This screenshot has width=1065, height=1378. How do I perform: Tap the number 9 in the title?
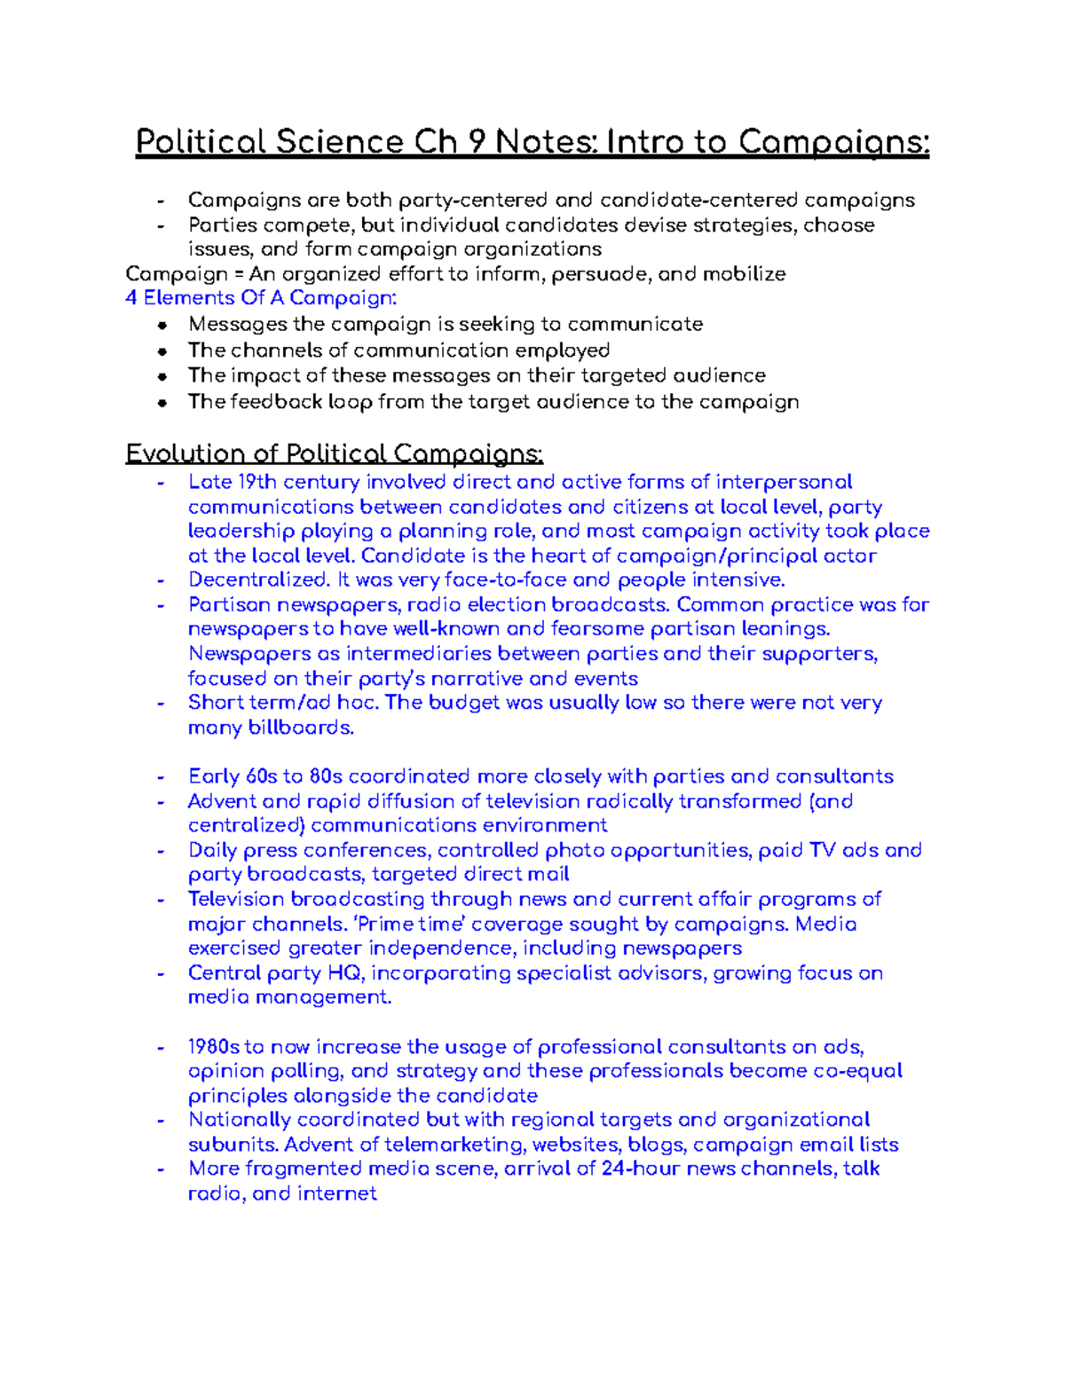point(477,142)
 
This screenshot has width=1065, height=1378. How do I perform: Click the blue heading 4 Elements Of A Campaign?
point(261,298)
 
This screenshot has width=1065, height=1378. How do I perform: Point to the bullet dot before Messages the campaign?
point(162,326)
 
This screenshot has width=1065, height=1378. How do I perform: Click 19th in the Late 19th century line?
point(256,483)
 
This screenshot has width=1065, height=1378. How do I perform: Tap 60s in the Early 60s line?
point(261,776)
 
